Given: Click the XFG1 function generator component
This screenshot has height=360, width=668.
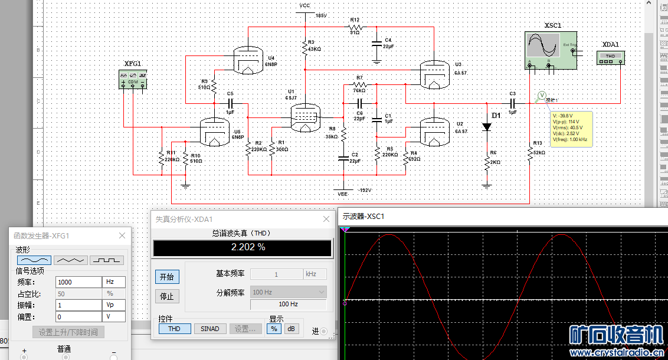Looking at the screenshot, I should coord(133,80).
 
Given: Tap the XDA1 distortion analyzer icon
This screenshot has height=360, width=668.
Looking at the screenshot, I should coord(610,57).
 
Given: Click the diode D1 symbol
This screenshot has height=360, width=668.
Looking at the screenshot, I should coord(487,126).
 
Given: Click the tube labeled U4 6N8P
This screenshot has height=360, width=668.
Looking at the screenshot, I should coord(248,60).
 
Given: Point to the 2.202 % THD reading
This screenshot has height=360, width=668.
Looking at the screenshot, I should coord(247,247).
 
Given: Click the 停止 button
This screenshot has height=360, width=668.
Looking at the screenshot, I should coord(167,296).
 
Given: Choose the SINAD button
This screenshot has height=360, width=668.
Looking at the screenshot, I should coord(209,329).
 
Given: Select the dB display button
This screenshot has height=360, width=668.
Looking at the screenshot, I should coord(290,329).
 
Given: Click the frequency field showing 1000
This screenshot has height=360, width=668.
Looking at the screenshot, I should coord(78,282).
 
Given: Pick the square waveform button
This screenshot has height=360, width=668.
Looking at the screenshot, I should coord(107,260).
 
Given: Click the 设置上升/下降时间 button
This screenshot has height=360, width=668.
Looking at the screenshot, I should coord(68,332).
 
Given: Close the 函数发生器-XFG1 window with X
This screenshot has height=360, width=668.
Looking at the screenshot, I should coord(122,235).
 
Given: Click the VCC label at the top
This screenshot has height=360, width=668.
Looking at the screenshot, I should coord(304,5).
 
